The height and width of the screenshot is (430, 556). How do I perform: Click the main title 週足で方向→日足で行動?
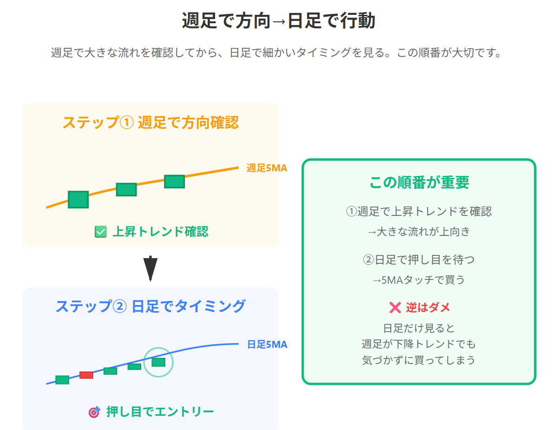coord(278,21)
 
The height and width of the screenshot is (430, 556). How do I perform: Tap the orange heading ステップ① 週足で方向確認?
coord(150,123)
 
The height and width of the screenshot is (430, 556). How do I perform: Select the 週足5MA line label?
coord(267,168)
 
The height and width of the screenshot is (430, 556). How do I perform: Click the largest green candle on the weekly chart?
coord(78,199)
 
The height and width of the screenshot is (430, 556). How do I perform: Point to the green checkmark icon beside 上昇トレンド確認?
coord(100,231)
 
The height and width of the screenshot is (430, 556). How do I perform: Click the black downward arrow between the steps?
coord(150,268)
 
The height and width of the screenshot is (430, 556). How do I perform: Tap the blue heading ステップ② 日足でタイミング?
coord(150,306)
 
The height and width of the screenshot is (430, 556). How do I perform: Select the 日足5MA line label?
coord(267,345)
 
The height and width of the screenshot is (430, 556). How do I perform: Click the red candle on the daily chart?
coord(86,375)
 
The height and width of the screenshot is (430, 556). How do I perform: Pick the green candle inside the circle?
coord(158,362)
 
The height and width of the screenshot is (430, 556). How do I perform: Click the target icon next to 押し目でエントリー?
coord(94,412)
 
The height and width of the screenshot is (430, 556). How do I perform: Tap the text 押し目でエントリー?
coord(160,412)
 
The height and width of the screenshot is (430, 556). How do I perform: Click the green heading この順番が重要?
coord(419,182)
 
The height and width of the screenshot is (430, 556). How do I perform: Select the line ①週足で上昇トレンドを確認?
coord(419,212)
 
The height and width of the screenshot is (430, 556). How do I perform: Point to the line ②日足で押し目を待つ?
coord(419,260)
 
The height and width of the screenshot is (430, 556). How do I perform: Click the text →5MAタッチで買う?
coord(419,280)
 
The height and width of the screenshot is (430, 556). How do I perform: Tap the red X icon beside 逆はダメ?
coord(395,307)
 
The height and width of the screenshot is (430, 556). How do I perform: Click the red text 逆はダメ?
coord(428,307)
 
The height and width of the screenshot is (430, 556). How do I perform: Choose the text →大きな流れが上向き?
coord(419,232)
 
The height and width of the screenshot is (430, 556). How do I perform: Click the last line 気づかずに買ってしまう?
coord(419,360)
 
